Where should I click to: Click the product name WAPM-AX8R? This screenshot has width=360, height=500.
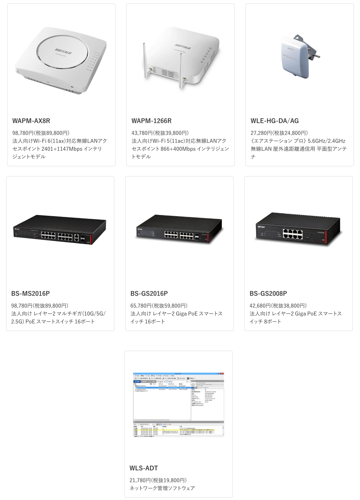(x=31, y=121)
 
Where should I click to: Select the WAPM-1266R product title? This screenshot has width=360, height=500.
(x=151, y=121)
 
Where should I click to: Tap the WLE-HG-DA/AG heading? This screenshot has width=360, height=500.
(x=275, y=121)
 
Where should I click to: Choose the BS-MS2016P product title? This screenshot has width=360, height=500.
(x=30, y=294)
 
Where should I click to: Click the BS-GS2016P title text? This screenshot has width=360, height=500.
(x=149, y=294)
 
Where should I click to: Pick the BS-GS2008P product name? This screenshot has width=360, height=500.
(x=268, y=294)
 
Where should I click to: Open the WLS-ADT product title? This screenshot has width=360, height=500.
(x=144, y=468)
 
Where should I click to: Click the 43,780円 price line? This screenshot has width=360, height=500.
(x=160, y=133)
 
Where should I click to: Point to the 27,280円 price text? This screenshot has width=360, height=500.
(x=279, y=133)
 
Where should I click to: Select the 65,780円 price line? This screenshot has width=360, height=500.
(x=159, y=306)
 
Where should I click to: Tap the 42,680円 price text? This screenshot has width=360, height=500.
(x=278, y=306)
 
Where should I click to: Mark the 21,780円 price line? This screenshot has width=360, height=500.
(x=158, y=480)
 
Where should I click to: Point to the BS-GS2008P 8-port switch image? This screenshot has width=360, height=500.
(x=299, y=229)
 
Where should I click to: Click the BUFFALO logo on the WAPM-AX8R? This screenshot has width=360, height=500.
(x=63, y=51)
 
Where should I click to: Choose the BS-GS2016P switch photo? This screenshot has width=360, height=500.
(x=179, y=229)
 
